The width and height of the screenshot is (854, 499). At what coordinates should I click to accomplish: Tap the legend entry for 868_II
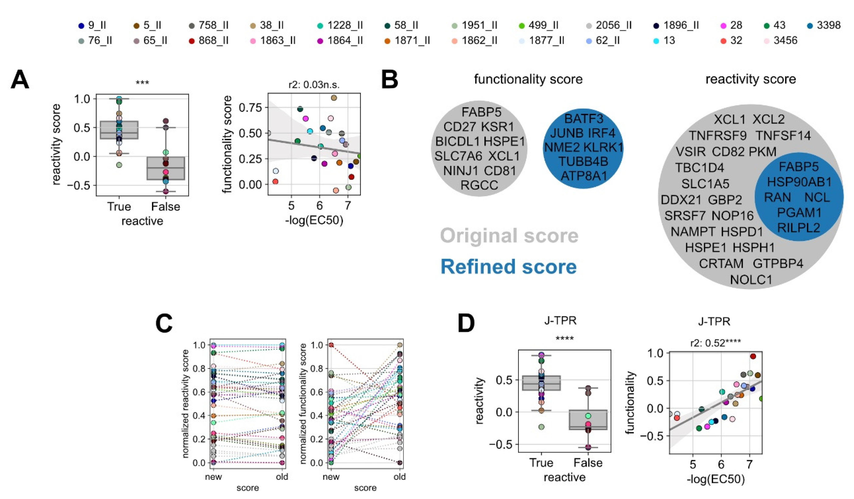208,41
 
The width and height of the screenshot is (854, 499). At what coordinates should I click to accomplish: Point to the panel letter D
466,323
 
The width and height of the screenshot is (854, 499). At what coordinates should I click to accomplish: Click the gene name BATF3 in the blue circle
584,119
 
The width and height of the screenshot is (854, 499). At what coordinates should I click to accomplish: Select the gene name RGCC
479,185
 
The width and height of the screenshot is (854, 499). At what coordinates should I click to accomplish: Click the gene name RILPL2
798,227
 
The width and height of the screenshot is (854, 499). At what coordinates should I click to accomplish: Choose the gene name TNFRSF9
717,136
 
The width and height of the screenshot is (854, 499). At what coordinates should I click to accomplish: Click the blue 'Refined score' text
508,267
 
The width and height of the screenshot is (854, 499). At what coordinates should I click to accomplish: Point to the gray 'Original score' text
509,236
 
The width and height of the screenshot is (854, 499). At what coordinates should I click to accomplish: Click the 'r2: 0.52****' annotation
715,343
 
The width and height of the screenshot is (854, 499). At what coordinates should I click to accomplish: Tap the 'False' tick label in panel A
165,206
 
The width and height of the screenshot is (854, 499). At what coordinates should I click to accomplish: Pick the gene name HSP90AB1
799,182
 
